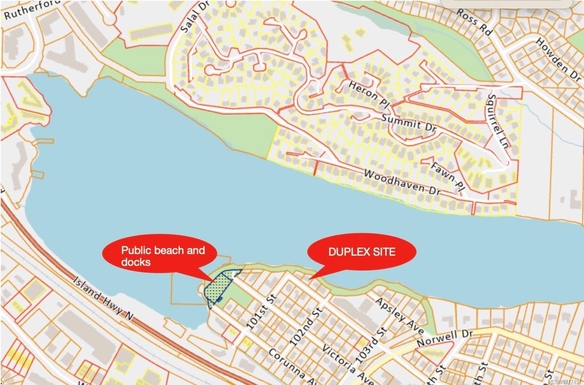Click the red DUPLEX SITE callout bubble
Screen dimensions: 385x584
[361, 252]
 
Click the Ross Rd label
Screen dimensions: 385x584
[473, 22]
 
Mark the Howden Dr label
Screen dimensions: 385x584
[558, 59]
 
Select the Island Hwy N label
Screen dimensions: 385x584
[103, 298]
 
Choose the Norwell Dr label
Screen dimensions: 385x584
[445, 338]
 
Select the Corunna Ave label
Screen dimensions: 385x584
[287, 363]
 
